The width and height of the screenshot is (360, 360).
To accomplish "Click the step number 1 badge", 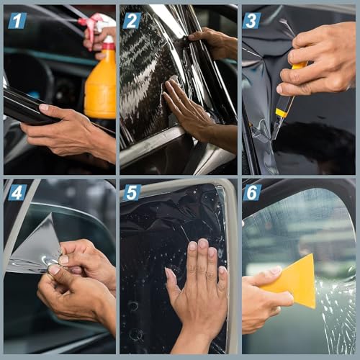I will (x=17, y=20).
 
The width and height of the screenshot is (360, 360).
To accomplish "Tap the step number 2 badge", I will (x=132, y=20).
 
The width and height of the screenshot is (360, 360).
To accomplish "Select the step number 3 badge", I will (x=251, y=20).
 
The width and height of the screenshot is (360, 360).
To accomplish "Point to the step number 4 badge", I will (x=17, y=192).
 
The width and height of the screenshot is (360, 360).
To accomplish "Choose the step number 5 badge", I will (x=132, y=192).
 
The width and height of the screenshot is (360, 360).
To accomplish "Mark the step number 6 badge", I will (x=252, y=192).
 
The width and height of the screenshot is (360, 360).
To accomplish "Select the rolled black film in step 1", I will (x=29, y=108).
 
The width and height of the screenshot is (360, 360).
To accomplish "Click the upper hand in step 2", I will (x=212, y=43).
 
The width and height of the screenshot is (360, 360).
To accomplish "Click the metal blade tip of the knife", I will (x=274, y=132).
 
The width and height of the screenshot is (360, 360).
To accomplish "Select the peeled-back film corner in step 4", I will (x=36, y=248).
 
